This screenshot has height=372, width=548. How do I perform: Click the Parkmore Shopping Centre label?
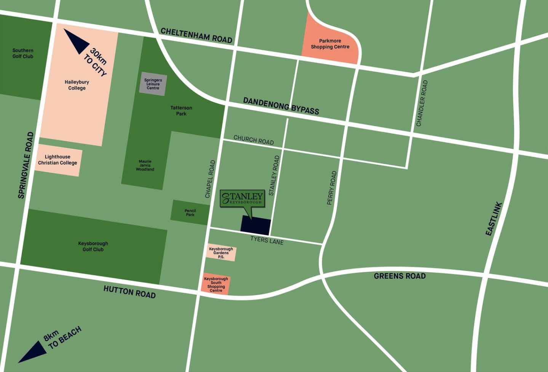click(330, 44)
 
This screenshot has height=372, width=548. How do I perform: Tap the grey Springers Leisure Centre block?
click(153, 84)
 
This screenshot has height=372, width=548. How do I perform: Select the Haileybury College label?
click(77, 85)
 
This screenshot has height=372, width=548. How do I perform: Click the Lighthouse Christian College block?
click(58, 160)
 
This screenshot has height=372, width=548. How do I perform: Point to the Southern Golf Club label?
click(23, 53)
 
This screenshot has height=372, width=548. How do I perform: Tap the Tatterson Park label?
click(181, 111)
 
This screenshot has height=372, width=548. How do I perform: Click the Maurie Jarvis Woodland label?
click(145, 166)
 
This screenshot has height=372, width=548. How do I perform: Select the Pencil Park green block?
click(190, 212)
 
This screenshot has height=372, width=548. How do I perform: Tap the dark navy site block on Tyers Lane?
click(256, 225)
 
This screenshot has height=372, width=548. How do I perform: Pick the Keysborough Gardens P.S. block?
click(221, 253)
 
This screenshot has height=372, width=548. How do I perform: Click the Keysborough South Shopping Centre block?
click(216, 284)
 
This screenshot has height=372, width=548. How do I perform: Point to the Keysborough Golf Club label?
click(93, 246)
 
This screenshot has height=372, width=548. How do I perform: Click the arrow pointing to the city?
click(76, 41)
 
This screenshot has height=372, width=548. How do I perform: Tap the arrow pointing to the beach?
click(34, 352)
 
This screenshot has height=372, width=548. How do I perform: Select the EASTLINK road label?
click(494, 219)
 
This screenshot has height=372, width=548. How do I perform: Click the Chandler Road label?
click(422, 103)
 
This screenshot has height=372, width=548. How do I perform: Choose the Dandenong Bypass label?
click(281, 106)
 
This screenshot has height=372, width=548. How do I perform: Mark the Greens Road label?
click(399, 276)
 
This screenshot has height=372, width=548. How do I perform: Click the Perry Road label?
click(332, 188)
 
